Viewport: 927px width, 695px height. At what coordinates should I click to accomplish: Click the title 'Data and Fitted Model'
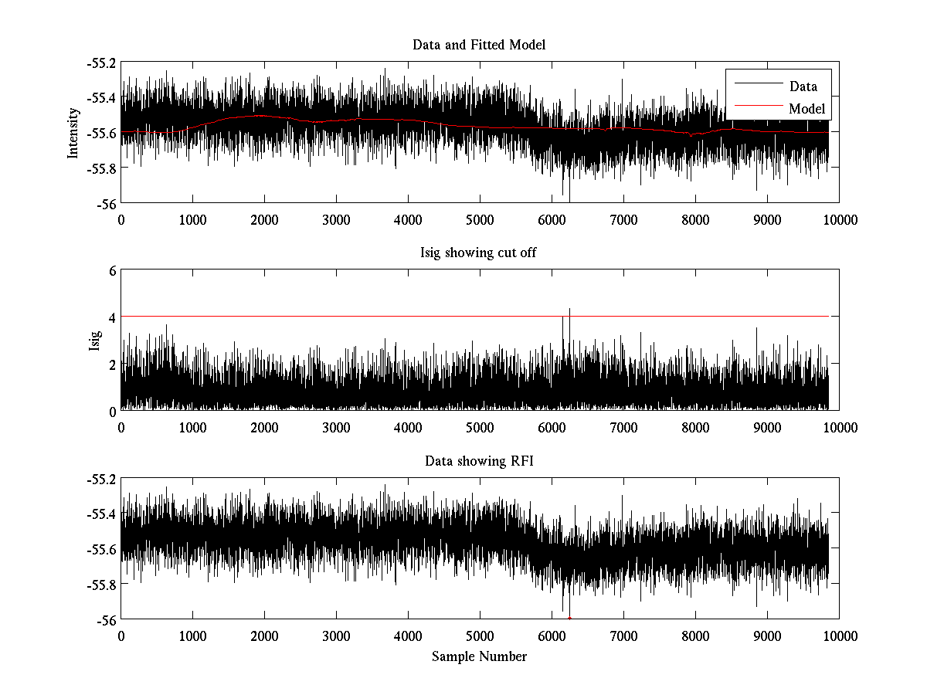pos(479,45)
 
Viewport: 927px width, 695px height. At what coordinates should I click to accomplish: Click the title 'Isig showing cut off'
pos(479,253)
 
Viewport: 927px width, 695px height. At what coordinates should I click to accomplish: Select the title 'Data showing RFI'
pos(479,462)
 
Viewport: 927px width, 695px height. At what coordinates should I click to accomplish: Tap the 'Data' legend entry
pos(803,86)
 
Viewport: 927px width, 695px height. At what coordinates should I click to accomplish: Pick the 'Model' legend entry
pos(806,109)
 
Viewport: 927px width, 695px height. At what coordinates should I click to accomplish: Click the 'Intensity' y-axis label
pos(73,132)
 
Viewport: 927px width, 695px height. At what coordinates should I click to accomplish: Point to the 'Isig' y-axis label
pos(94,341)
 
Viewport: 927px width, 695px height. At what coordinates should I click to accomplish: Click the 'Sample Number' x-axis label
pos(479,657)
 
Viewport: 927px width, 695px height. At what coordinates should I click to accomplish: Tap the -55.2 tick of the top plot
pos(103,63)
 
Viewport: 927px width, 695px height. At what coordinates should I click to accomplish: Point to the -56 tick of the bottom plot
pos(107,620)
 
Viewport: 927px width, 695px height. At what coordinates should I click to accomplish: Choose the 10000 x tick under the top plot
pos(839,220)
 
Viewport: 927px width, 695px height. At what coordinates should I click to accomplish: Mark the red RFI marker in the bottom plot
pos(569,619)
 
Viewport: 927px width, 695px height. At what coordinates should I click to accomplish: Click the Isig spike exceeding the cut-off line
pos(569,311)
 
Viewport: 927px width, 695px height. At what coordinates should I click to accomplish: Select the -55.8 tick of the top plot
pos(103,168)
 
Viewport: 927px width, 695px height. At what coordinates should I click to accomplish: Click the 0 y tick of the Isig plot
pos(113,411)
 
